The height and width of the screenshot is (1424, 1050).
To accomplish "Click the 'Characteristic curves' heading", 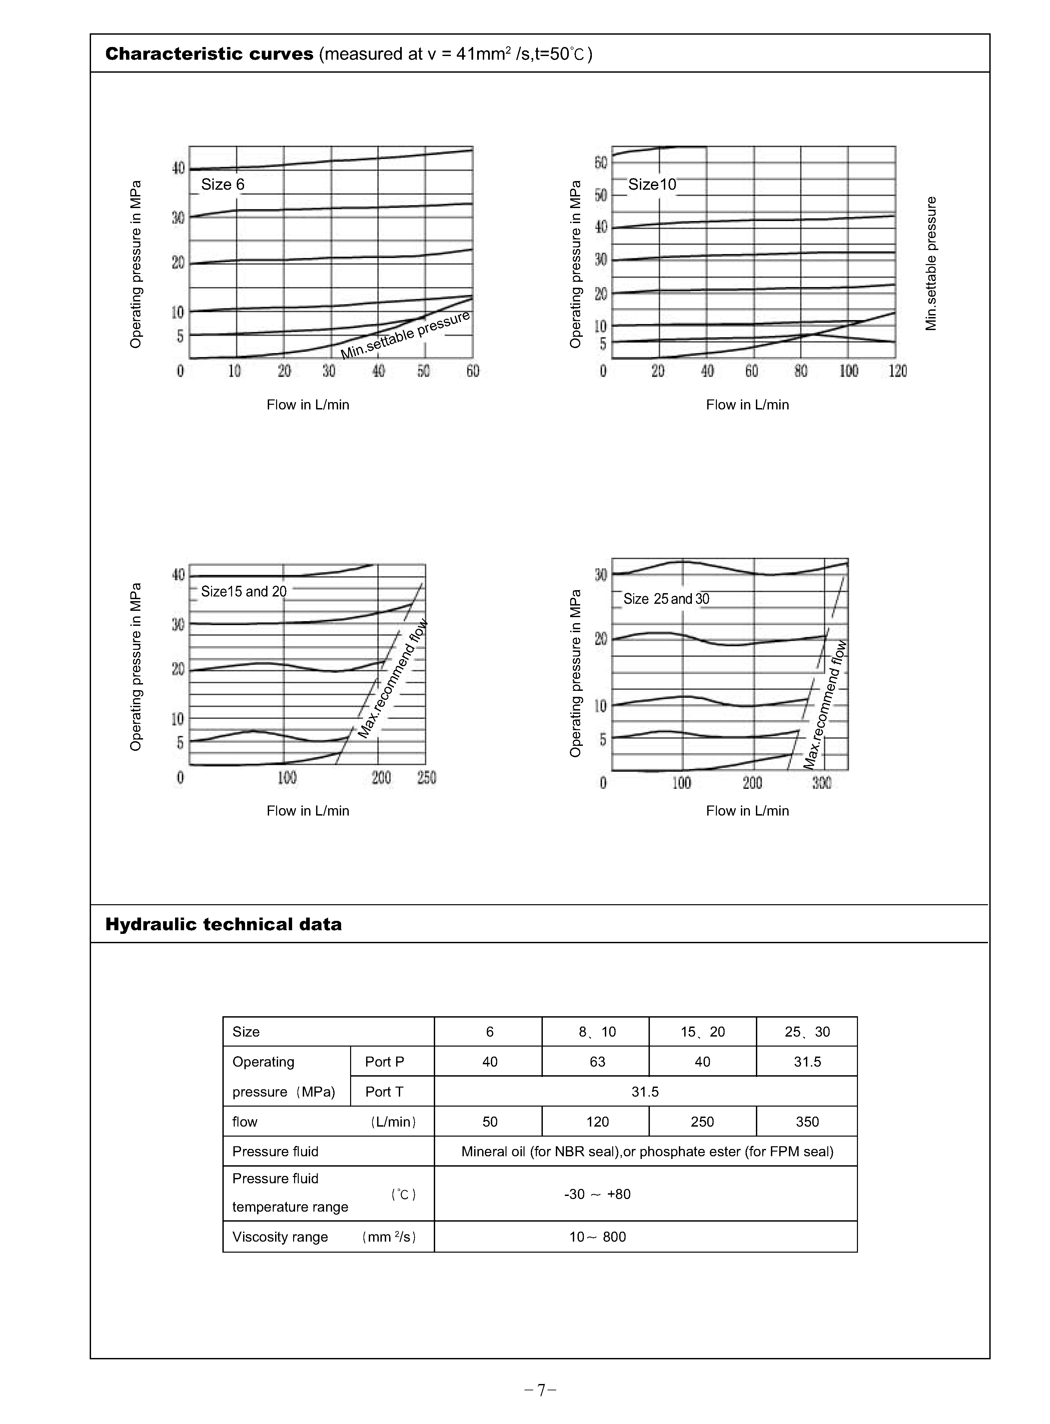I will click(209, 54).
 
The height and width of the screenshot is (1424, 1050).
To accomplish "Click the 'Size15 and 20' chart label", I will click(243, 591).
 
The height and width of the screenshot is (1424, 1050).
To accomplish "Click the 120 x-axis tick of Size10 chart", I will click(897, 371).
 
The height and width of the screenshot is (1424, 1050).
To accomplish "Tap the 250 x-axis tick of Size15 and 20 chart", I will click(426, 778).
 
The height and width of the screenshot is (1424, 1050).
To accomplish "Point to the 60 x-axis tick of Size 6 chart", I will click(473, 371).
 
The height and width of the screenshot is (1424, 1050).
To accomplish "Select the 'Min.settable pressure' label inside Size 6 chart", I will click(405, 335).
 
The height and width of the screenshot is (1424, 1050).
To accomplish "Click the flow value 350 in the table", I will click(807, 1122).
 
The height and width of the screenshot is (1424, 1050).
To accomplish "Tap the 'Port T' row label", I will click(384, 1092).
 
